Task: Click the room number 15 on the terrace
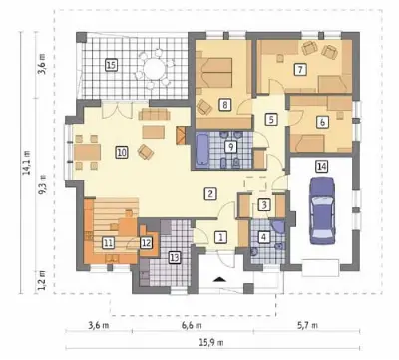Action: (x=111, y=65)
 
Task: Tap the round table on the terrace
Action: (x=155, y=69)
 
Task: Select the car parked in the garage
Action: (x=322, y=210)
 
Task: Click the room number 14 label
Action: (x=321, y=167)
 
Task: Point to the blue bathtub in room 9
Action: (x=202, y=149)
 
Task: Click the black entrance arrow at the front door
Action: (x=219, y=279)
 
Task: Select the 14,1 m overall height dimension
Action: (x=27, y=163)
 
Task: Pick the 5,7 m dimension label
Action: (x=308, y=325)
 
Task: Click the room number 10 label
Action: (x=122, y=153)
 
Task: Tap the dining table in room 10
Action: (x=87, y=152)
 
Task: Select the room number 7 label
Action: (x=300, y=70)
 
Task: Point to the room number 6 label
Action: (x=322, y=122)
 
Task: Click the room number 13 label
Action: (x=175, y=257)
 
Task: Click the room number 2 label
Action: (x=210, y=193)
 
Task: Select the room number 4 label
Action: (x=264, y=237)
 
